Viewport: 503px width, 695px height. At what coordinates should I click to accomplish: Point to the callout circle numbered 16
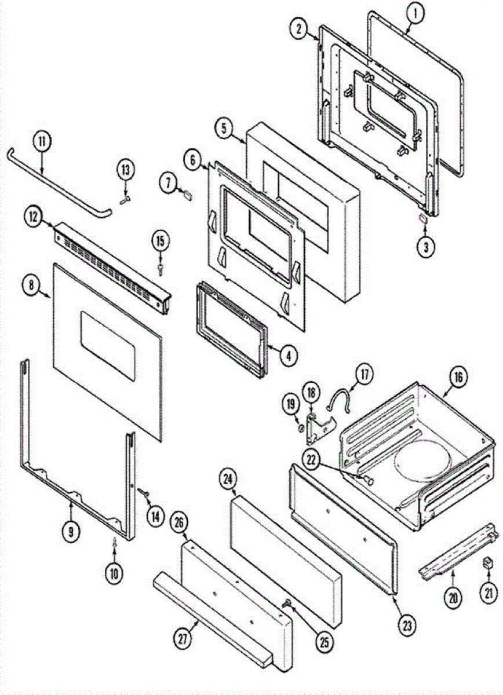(458, 378)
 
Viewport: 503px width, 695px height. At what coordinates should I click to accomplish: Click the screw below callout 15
(160, 268)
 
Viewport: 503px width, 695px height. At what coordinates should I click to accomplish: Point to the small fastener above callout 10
(114, 542)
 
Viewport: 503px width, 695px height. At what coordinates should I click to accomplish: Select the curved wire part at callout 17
(342, 400)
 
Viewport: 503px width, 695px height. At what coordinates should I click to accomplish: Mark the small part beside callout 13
(124, 197)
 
